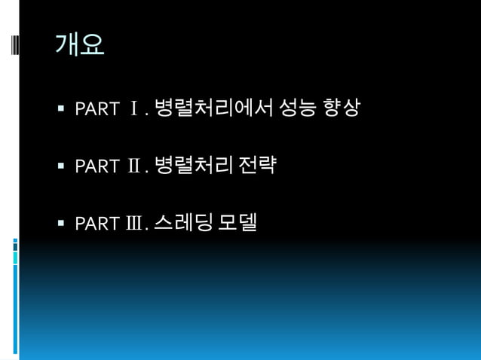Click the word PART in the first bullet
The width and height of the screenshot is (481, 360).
pos(97,110)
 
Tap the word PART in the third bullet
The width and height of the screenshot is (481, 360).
pos(97,224)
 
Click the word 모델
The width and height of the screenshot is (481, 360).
pos(238,222)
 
